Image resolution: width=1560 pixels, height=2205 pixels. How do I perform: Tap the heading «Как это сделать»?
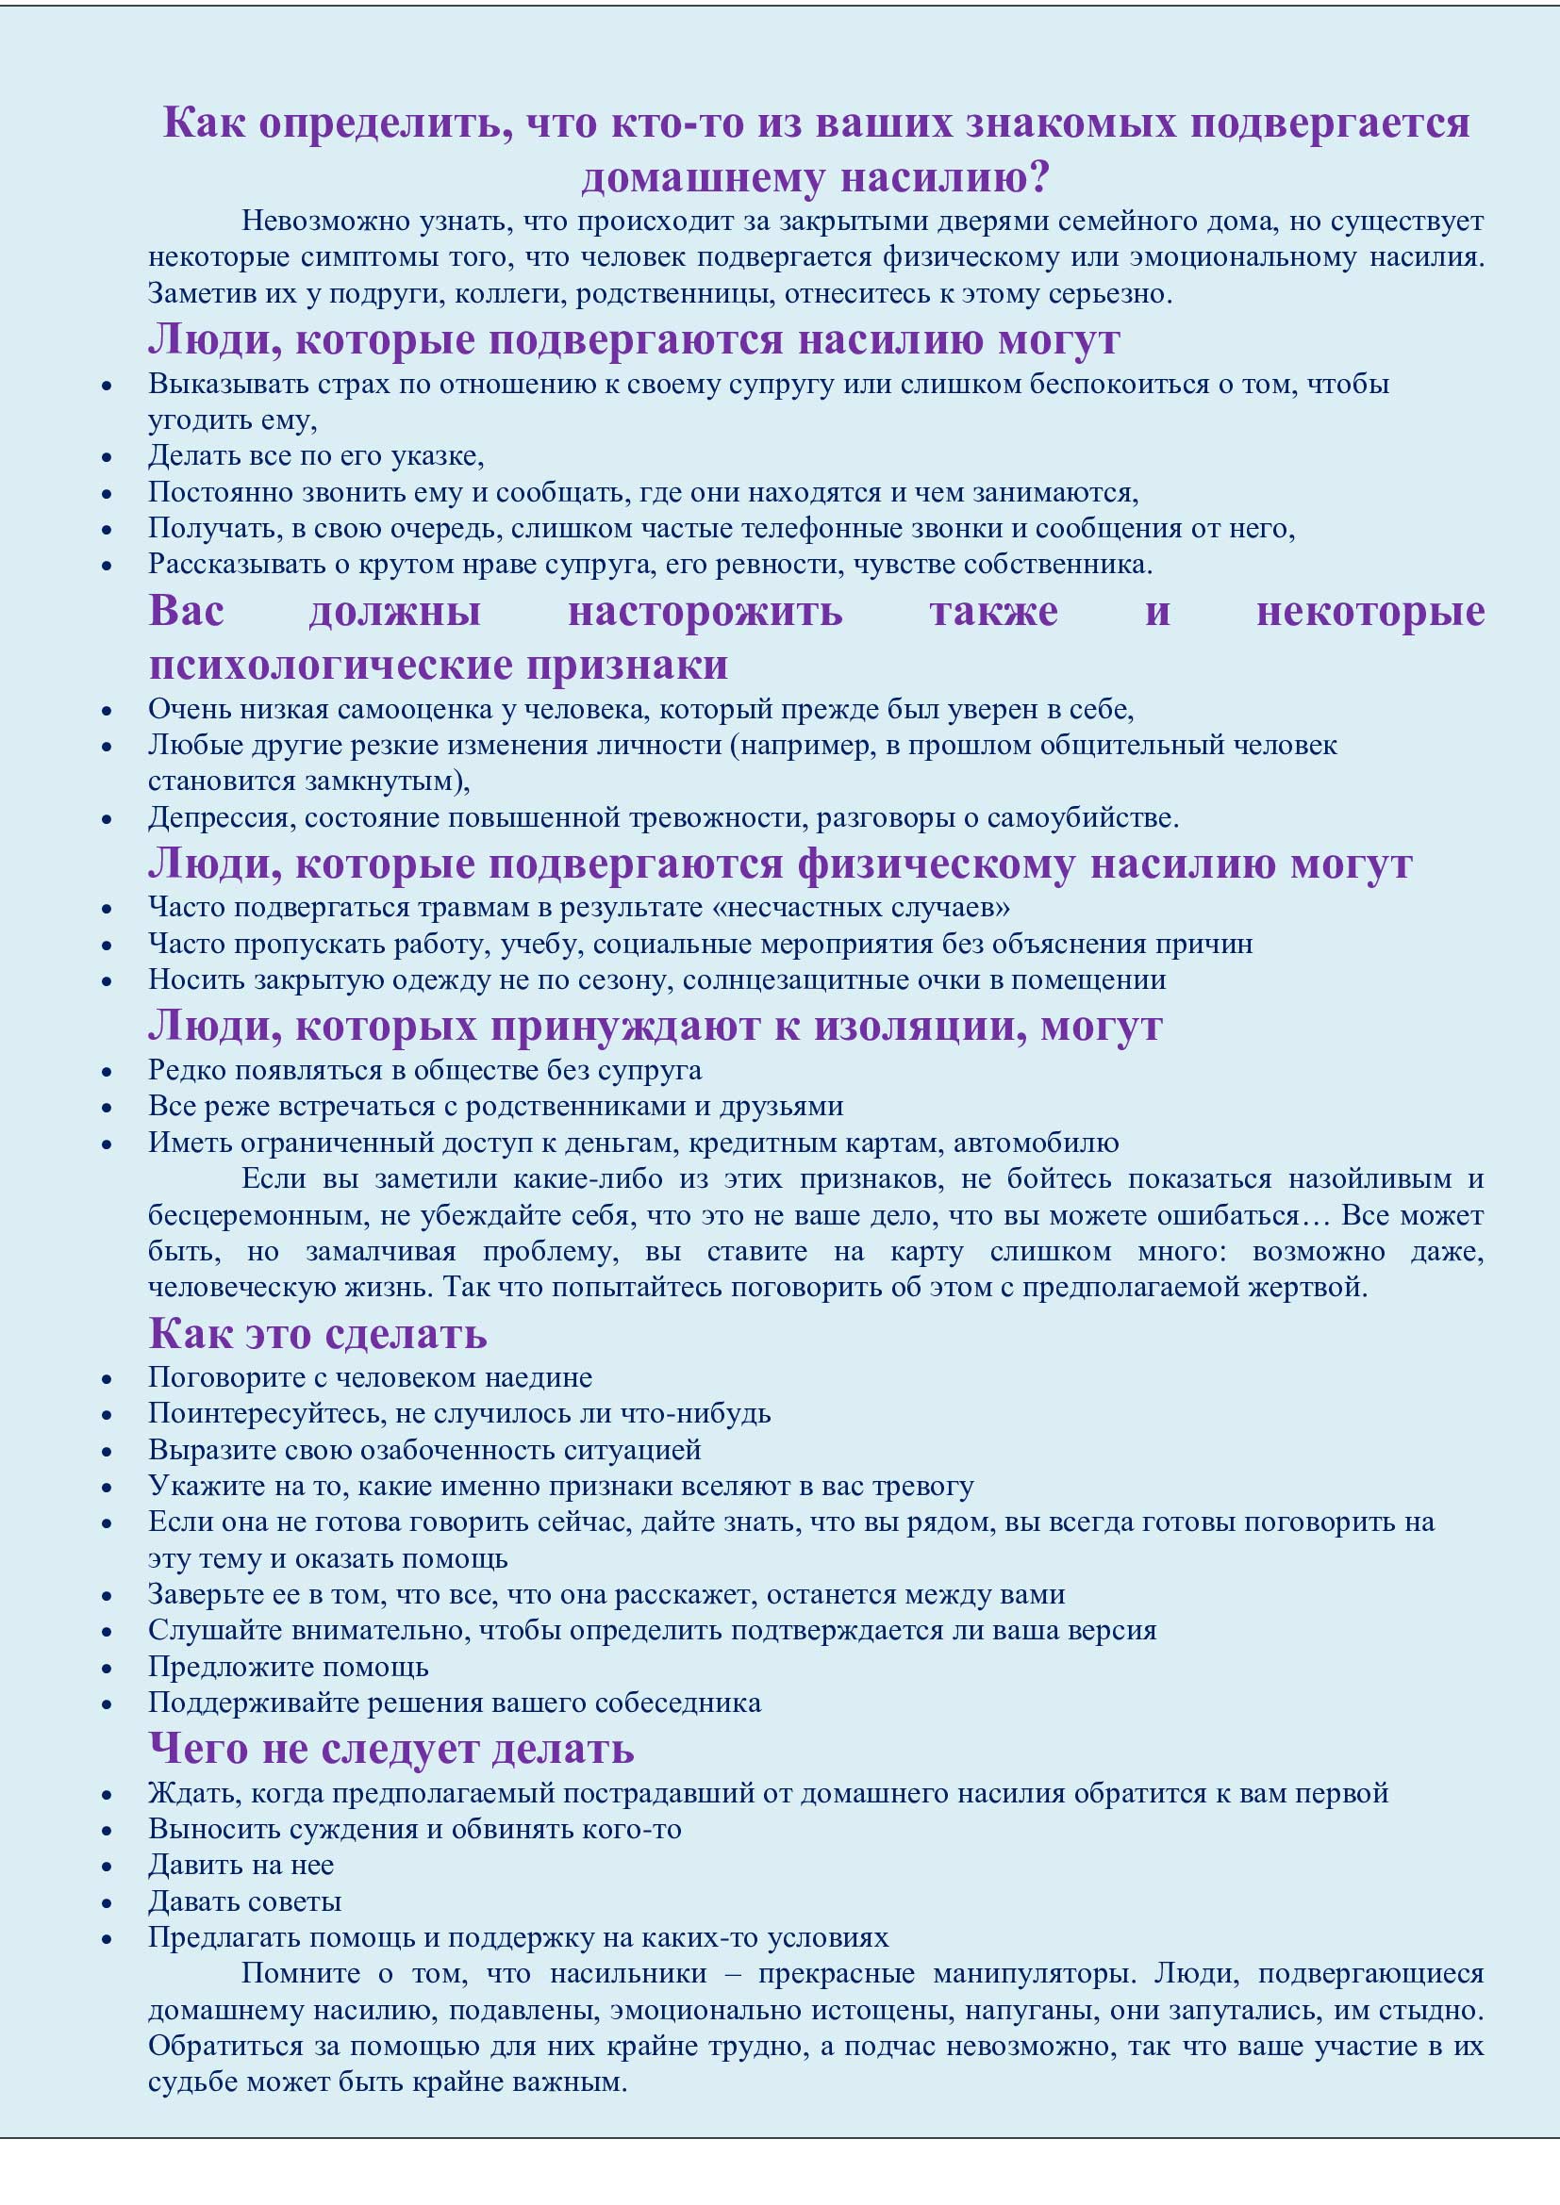tap(317, 1333)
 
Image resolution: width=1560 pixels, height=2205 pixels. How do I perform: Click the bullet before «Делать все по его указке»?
tap(107, 458)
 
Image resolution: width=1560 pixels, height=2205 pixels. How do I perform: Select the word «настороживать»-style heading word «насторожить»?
tap(705, 611)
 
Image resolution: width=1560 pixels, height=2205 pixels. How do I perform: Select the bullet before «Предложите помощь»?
tap(107, 1670)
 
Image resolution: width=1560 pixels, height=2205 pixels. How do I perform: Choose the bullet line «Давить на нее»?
tap(241, 1866)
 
